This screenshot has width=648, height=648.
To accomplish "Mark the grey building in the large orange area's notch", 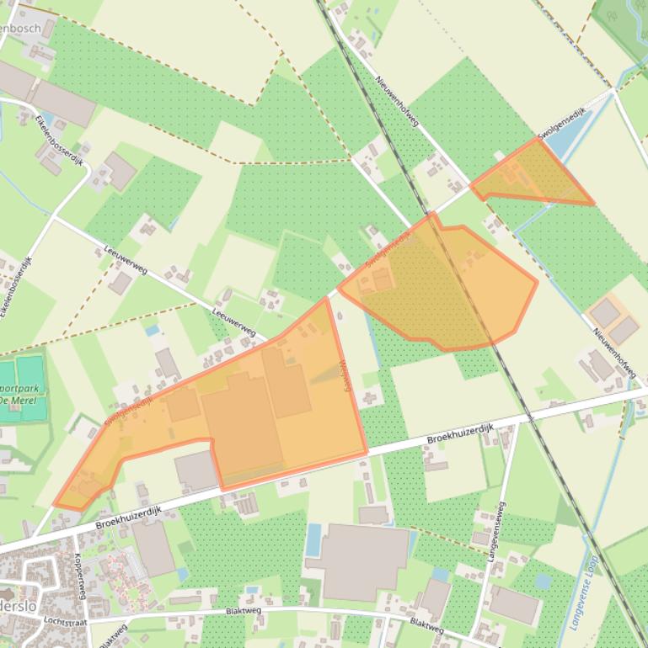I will tap(196, 470).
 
